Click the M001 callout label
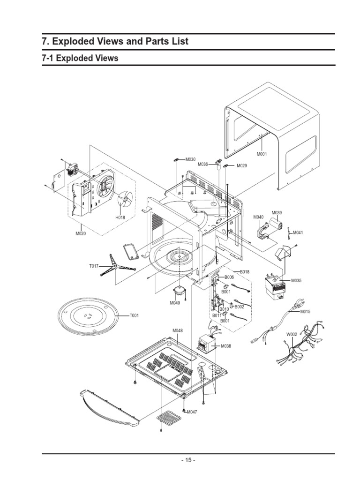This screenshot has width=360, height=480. (x=262, y=154)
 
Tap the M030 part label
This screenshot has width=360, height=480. (x=190, y=159)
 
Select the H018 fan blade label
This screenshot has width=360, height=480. (x=120, y=217)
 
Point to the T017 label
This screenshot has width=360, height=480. (x=94, y=266)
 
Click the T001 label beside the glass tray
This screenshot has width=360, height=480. (x=135, y=315)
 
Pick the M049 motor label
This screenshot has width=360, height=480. (x=175, y=303)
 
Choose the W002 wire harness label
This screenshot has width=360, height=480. (x=292, y=334)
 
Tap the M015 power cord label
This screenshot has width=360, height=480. (x=305, y=311)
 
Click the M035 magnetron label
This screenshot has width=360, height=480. (x=296, y=280)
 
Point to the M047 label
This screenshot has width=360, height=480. (x=192, y=412)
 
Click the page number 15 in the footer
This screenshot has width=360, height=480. (x=188, y=460)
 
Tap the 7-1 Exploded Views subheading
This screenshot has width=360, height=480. (x=80, y=58)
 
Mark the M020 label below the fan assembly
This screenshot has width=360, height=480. (x=81, y=233)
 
